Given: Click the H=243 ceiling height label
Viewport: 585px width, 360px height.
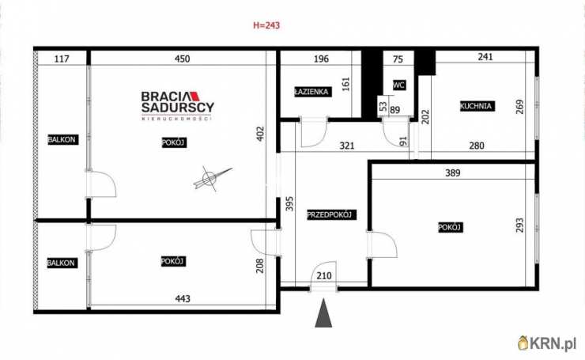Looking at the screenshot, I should (266, 25).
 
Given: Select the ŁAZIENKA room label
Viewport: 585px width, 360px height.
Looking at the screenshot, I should (311, 91).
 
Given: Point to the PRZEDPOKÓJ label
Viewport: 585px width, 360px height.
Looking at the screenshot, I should (329, 214).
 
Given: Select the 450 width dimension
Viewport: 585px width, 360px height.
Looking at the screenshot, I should (182, 58).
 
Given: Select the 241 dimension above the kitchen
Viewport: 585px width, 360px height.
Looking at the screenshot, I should (486, 57).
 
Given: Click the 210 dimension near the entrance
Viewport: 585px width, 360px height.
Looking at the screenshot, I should (324, 275).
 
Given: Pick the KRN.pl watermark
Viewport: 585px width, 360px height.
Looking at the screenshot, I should (547, 343).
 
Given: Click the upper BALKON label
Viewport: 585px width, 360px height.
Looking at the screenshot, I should (62, 140).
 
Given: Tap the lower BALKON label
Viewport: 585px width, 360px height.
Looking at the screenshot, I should (61, 262).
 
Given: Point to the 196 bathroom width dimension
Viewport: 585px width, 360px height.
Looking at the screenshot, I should (320, 58).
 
